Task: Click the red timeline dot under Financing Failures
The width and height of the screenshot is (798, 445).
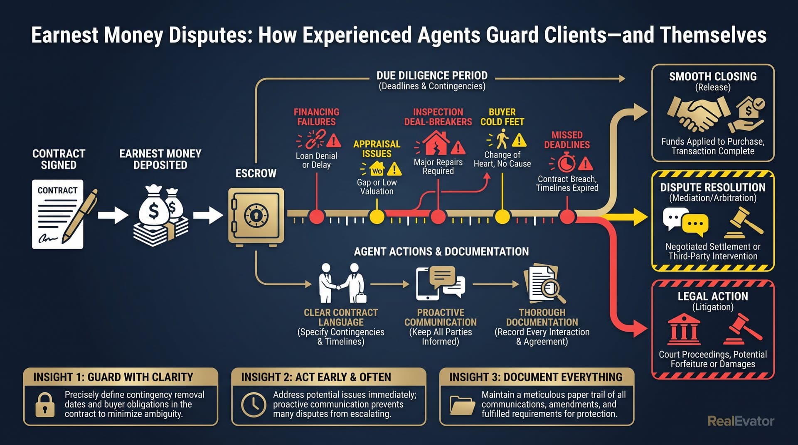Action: point(317,217)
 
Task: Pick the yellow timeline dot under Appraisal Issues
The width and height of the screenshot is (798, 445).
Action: point(377,217)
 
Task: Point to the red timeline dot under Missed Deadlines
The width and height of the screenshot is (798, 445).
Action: point(567,217)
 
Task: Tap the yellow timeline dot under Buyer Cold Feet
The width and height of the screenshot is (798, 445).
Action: point(502,217)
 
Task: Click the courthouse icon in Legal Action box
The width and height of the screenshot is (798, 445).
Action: point(684,330)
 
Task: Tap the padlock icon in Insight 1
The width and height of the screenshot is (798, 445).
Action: point(45,404)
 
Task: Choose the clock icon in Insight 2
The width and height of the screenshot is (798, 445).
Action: point(254,404)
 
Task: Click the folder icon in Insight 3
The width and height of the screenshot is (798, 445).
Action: point(463,405)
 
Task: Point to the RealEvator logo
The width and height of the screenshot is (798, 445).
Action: point(741,421)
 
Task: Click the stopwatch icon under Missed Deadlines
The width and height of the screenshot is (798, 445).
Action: point(566,163)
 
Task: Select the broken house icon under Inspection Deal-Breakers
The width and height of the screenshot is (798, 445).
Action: point(436,143)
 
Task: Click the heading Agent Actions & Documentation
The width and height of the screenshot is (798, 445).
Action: point(441,252)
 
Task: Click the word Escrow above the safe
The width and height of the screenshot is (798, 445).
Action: point(256,174)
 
